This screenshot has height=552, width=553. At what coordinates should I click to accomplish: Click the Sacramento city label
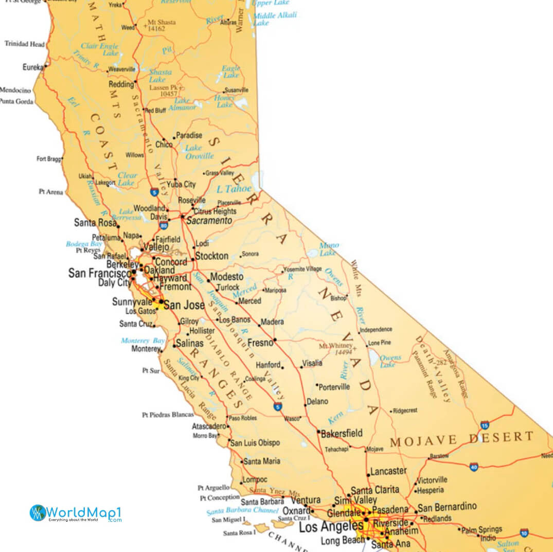(209, 221)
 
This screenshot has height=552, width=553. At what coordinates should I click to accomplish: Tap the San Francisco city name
(100, 273)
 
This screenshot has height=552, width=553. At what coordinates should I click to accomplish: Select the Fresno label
(260, 343)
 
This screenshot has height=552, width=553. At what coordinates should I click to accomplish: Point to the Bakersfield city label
(342, 434)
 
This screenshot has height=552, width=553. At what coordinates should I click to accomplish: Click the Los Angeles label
(331, 527)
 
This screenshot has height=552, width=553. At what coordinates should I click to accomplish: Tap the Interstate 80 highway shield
(163, 225)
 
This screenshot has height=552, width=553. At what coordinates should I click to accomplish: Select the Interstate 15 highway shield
(485, 425)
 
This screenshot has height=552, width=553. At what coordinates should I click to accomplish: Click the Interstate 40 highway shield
(473, 467)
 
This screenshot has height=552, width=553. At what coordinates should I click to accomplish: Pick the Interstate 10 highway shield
(524, 532)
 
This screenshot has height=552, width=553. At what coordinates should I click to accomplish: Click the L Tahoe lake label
(234, 189)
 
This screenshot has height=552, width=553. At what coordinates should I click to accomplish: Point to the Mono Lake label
(328, 249)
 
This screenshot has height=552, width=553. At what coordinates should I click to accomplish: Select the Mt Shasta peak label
(162, 25)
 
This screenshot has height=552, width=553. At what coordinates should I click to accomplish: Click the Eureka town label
(33, 67)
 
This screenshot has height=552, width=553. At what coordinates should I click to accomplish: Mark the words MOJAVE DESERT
(461, 439)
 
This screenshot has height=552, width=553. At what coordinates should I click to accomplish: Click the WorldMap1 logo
(76, 513)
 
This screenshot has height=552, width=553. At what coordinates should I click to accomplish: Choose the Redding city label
(121, 84)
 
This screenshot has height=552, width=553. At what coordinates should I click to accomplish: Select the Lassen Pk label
(164, 91)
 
